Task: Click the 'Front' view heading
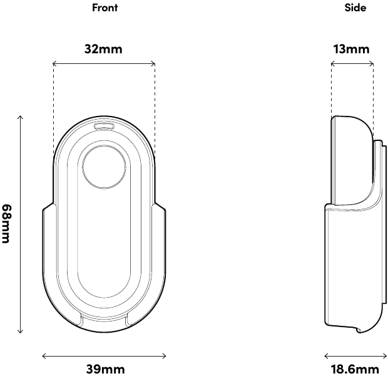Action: (105, 8)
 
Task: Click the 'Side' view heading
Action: (355, 8)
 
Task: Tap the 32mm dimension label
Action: (104, 49)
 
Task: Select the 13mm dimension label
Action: (351, 49)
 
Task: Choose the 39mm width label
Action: (105, 368)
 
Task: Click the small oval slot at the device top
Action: (104, 126)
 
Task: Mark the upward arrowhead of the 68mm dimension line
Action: (21, 116)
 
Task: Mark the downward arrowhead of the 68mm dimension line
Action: (21, 332)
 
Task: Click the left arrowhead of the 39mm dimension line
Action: (43, 355)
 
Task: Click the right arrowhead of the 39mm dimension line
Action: (165, 355)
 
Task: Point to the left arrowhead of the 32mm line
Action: (54, 63)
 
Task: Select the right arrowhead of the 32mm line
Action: (154, 63)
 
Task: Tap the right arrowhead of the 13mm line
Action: (373, 63)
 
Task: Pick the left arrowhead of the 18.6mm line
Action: (325, 355)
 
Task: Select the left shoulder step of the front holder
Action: (47, 207)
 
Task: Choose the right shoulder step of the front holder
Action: (161, 207)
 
